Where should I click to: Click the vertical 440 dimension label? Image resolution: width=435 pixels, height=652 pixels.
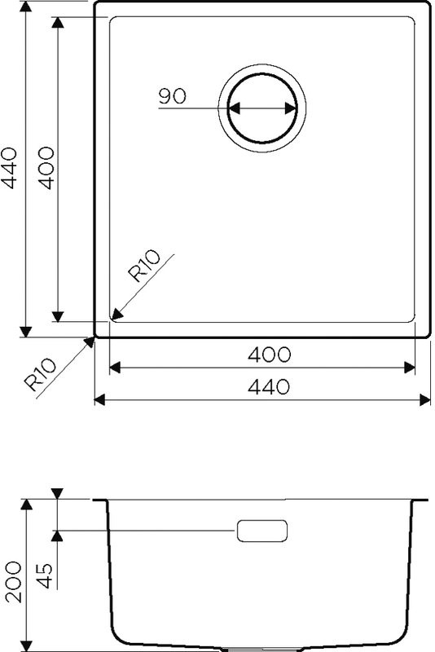coord(9,167)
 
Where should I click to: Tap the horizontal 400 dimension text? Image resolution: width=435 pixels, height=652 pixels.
coord(269,355)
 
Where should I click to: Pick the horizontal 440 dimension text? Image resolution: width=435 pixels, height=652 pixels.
coord(269,386)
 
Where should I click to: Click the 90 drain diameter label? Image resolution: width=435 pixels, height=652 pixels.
coord(172,96)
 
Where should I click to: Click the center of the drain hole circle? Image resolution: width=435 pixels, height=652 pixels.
coord(261,108)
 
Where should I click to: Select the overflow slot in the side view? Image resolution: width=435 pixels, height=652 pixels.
coord(261,530)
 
